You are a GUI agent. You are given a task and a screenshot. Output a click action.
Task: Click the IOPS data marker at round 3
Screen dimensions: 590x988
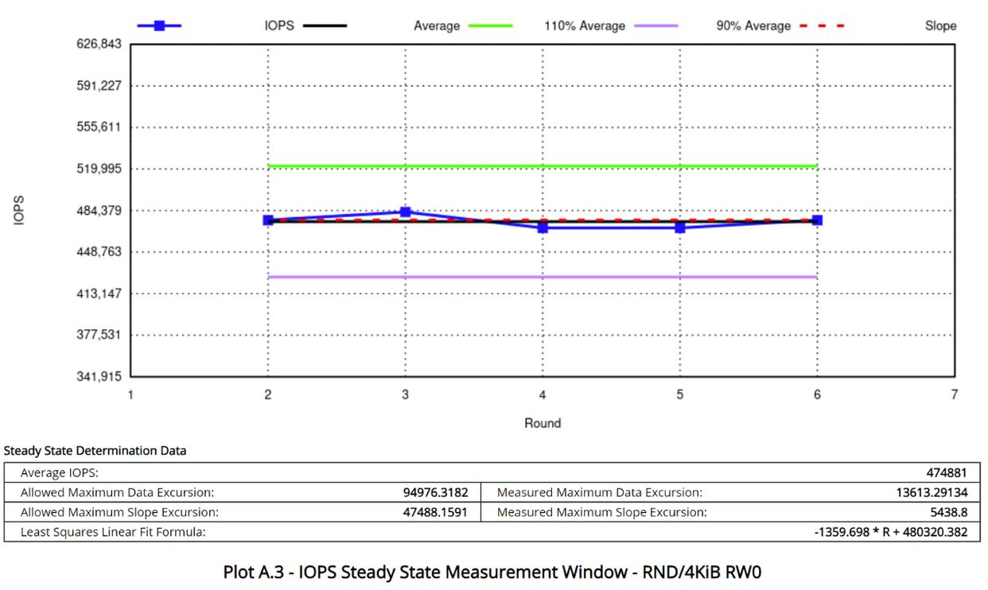tap(406, 212)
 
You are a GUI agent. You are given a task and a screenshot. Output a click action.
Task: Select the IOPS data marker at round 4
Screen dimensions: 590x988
tap(543, 227)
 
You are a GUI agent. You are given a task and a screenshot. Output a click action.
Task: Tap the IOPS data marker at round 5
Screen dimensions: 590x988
tap(680, 227)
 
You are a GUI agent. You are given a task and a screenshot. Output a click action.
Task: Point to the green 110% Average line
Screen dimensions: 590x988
tap(543, 166)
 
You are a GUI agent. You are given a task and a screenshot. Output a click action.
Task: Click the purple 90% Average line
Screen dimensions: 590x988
tap(543, 277)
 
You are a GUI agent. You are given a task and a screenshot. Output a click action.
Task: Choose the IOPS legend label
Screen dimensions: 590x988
tap(279, 25)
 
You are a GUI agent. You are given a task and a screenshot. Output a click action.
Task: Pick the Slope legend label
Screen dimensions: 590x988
tap(940, 25)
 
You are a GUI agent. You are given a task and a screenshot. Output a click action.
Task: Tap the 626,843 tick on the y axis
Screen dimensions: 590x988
tap(99, 44)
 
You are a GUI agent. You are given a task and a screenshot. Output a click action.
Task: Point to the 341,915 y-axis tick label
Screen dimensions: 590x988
tap(99, 376)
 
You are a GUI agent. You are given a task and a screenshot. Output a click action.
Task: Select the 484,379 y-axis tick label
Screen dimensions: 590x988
tap(99, 211)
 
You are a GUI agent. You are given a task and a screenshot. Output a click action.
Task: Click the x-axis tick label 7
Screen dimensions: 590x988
tap(954, 395)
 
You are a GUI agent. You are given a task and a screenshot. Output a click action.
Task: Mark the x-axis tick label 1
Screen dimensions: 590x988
tap(130, 395)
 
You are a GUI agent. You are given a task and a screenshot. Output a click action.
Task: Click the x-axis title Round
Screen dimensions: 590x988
tap(543, 423)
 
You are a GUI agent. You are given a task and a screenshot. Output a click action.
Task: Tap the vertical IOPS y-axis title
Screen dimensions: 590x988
tap(19, 210)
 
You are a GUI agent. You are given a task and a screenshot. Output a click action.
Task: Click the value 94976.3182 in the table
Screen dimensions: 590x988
tap(435, 493)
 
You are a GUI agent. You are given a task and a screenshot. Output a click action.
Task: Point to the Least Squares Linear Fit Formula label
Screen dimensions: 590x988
tap(113, 532)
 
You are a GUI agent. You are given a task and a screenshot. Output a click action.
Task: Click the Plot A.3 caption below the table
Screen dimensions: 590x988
tap(494, 572)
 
